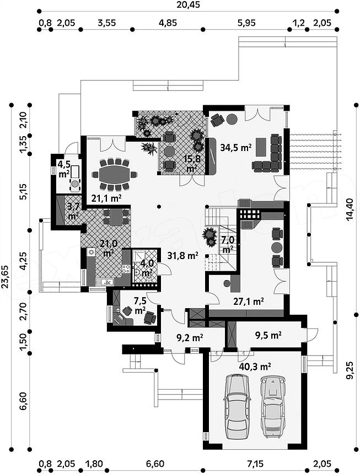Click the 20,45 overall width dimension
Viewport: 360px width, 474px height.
click(188, 4)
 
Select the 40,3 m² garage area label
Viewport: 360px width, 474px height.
click(255, 367)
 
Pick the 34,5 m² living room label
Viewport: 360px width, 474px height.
click(236, 148)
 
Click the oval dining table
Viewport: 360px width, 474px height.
click(115, 174)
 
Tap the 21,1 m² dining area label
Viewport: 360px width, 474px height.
click(106, 198)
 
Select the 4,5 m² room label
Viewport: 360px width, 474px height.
click(64, 169)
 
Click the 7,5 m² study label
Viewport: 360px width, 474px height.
click(140, 305)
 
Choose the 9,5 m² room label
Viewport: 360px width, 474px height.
click(267, 335)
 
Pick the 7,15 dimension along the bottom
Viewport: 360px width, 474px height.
click(255, 464)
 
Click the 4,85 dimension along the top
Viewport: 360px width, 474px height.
click(168, 23)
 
